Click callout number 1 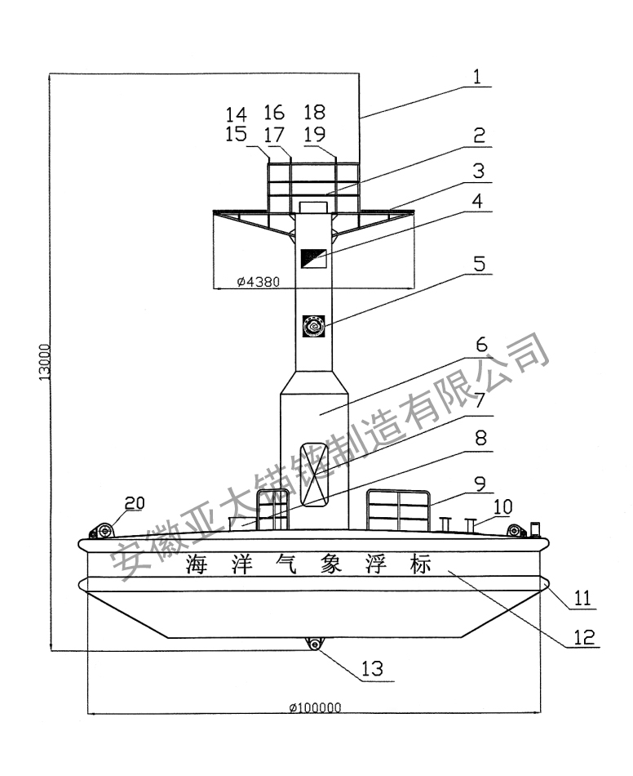tap(479, 77)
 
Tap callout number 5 tap(479, 265)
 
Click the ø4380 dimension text tap(258, 283)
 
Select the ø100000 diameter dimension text tap(314, 707)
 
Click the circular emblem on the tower tap(314, 326)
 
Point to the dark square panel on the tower tap(314, 258)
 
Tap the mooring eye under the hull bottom tap(314, 644)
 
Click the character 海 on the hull tap(197, 564)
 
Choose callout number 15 tap(237, 135)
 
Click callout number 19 tap(314, 135)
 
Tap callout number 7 tap(479, 401)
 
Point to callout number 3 tap(479, 172)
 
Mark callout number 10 tap(502, 506)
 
